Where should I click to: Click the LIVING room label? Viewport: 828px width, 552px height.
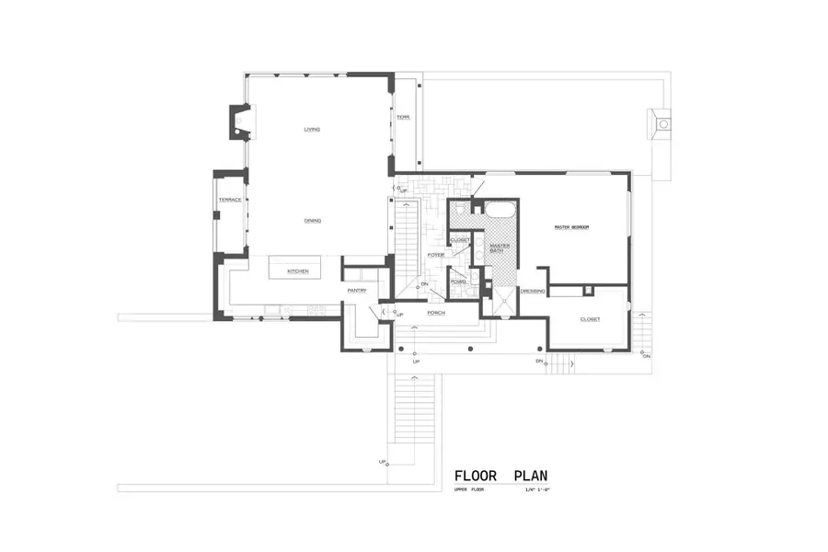pos(312,129)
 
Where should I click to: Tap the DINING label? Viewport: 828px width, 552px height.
pos(312,221)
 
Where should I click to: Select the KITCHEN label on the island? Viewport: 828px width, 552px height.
pos(296,271)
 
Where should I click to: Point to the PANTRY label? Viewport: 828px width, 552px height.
pos(357,291)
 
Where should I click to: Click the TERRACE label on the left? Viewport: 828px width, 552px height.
pos(229,200)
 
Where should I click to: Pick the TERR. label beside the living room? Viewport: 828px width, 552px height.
pos(403,118)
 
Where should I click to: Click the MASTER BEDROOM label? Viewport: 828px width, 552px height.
pos(570,227)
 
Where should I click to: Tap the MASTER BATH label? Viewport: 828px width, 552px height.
pos(500,248)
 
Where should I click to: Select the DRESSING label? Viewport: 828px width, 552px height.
pos(533,292)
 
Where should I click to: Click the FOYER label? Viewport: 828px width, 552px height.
pos(436,255)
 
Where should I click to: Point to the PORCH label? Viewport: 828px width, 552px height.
pos(436,313)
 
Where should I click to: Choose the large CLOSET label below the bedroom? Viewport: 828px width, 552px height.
pos(589,319)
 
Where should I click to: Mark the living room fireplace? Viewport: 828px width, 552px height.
pos(239,122)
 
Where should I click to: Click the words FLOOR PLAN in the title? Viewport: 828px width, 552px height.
pos(501,476)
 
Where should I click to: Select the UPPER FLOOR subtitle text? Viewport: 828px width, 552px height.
pos(468,491)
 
